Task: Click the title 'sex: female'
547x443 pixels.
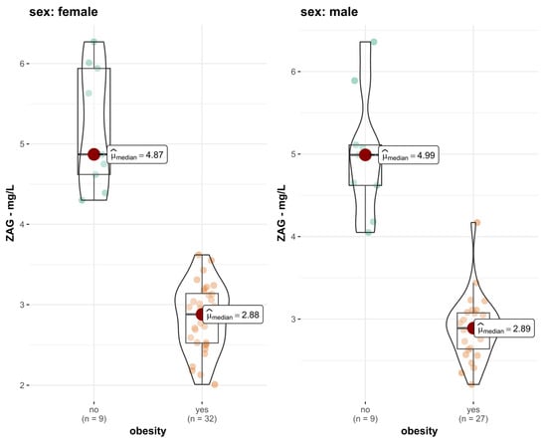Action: (64, 12)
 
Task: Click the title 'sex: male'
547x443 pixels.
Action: (329, 12)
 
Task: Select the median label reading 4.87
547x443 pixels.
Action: (137, 154)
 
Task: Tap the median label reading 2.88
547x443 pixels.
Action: (233, 315)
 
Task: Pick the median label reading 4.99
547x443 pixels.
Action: (409, 154)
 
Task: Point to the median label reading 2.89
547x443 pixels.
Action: (504, 329)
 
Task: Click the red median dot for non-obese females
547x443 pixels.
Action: (93, 154)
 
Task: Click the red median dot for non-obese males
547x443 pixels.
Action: (365, 154)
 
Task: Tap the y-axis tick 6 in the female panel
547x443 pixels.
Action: (22, 64)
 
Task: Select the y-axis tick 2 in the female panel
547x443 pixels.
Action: (22, 385)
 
